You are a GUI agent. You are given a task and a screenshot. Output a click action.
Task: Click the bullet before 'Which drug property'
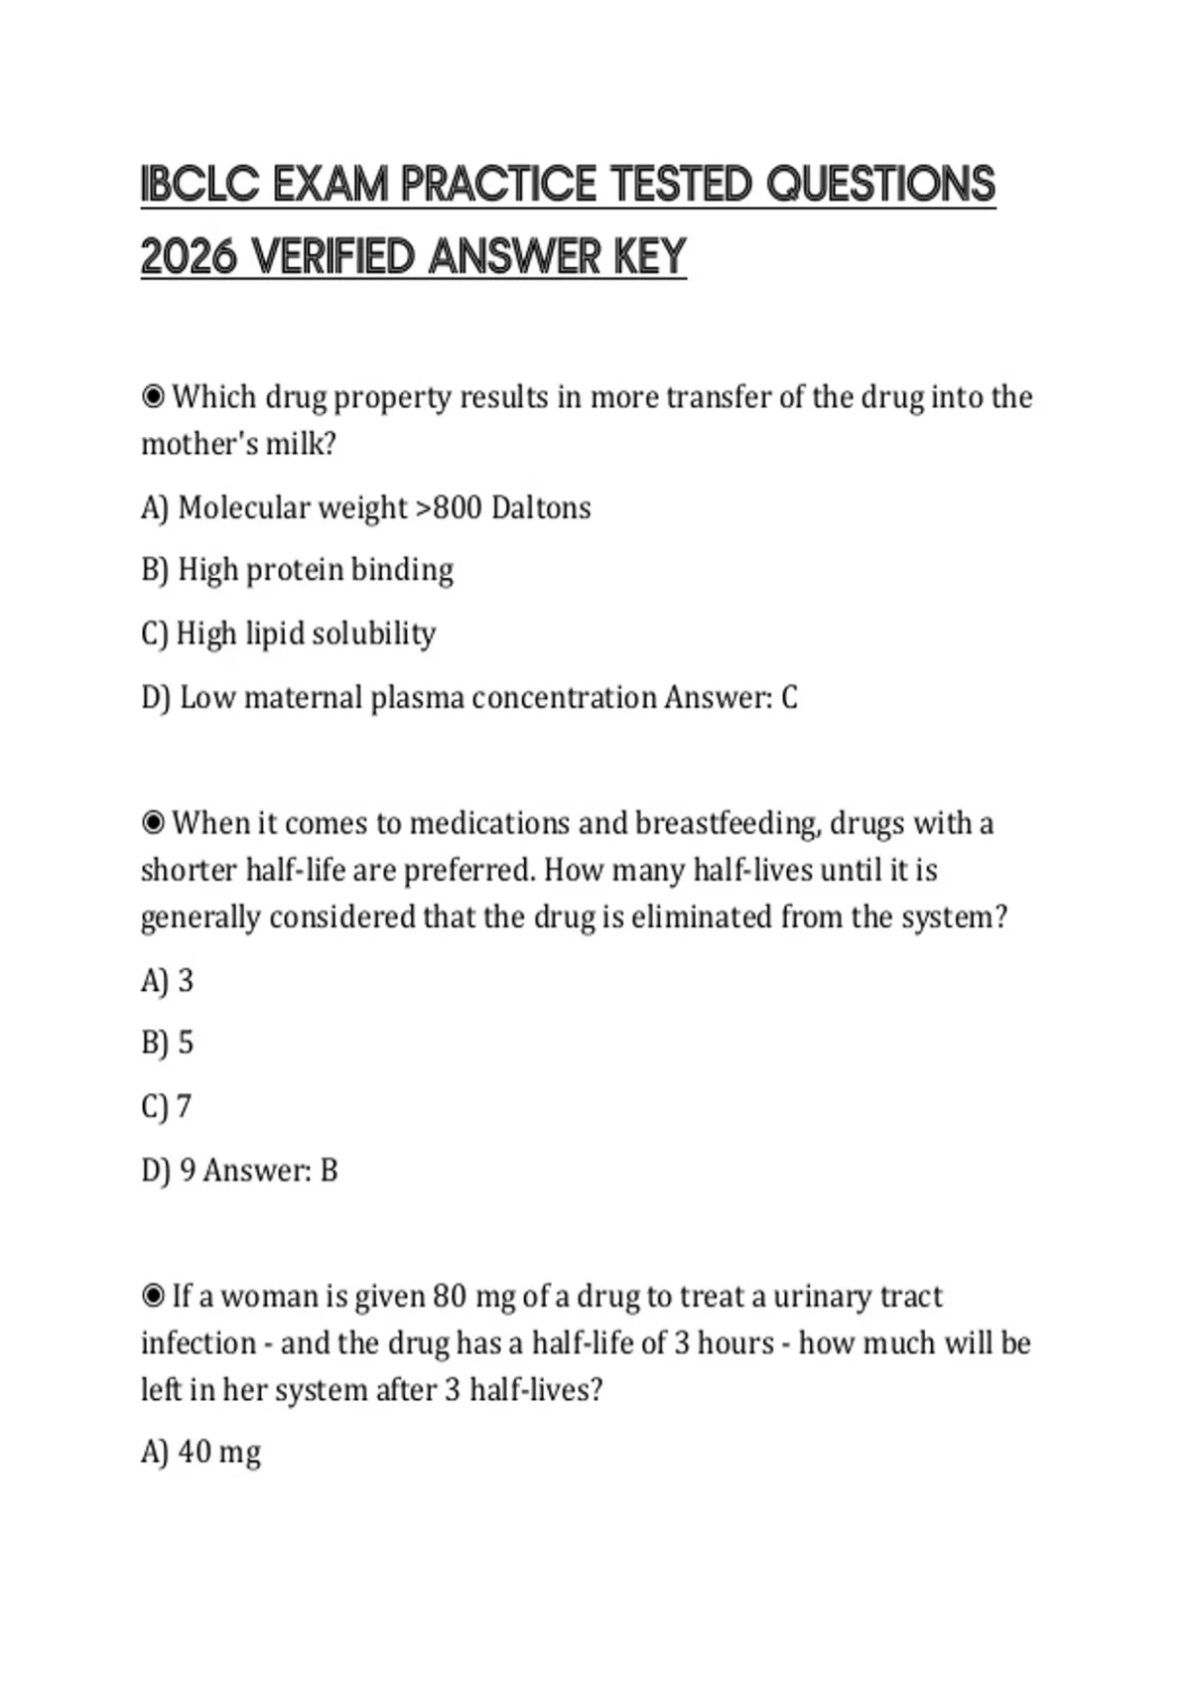pos(153,397)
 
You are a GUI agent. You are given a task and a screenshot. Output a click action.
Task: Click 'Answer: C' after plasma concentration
pos(731,698)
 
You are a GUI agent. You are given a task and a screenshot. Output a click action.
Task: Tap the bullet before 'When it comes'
pos(153,823)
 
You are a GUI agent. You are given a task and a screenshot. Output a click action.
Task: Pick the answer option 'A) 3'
pos(167,981)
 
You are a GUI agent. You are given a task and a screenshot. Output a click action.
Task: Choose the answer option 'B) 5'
pos(167,1044)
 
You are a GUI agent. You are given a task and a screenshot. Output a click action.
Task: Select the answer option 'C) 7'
pos(166,1106)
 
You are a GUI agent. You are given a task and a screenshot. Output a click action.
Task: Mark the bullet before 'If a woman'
pos(153,1296)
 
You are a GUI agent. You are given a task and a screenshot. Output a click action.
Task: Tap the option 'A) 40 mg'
pos(200,1453)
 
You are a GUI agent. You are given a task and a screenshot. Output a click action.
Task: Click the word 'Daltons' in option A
pos(541,507)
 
